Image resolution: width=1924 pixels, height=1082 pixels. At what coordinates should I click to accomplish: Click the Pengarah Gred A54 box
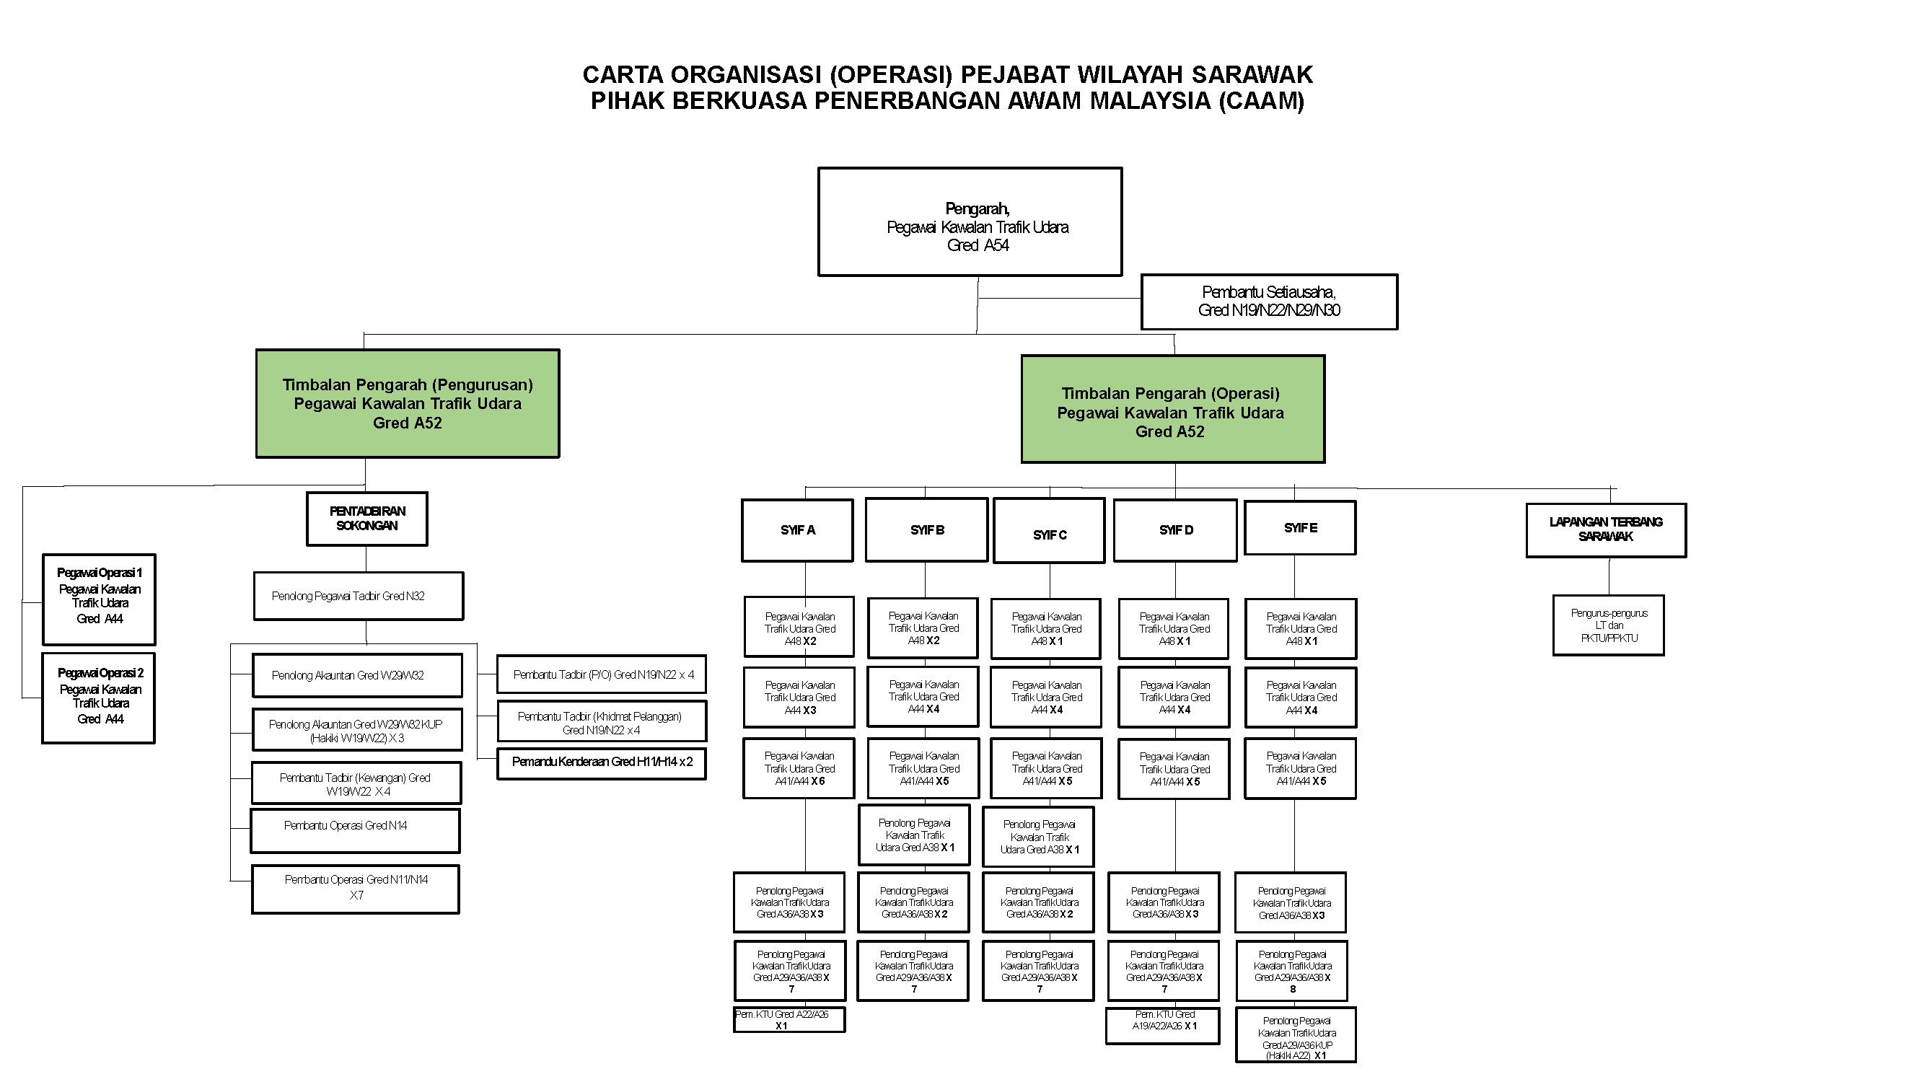pos(970,221)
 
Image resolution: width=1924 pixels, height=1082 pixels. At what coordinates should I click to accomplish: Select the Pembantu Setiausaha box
pos(1269,302)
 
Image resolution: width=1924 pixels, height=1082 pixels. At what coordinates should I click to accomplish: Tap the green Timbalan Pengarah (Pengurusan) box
pos(408,403)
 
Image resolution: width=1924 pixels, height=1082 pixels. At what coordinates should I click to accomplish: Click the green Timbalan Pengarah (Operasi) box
pos(1172,409)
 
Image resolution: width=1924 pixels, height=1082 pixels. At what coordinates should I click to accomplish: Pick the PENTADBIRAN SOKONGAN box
pos(366,519)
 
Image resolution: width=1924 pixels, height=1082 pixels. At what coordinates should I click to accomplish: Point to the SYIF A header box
pos(798,530)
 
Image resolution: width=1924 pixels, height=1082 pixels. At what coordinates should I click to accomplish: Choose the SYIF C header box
pos(1050,531)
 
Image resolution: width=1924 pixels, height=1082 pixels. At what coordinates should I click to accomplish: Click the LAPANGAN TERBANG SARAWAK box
pos(1606,530)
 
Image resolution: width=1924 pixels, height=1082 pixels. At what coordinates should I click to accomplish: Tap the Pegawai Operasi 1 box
pos(100,599)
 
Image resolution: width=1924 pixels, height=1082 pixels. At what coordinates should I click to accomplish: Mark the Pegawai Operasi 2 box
pos(99,698)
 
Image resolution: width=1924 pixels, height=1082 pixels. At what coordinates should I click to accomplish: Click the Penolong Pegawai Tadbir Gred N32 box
pos(359,596)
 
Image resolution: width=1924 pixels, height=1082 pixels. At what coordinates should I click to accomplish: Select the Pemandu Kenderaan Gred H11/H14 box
pos(601,763)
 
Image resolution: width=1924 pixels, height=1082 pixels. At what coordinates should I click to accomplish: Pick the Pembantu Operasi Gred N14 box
pos(355,830)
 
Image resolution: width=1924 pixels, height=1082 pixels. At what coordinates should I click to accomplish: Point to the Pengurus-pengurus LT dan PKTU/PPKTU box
pos(1608,625)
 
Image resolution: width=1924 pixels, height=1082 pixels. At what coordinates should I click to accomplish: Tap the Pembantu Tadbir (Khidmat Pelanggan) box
pos(601,721)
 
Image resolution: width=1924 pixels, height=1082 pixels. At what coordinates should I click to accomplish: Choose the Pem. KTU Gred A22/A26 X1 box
pos(789,1020)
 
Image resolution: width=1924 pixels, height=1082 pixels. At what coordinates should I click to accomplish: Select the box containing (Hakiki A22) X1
pos(1295,1035)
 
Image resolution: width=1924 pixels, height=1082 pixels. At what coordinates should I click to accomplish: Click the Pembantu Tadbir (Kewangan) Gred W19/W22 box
pos(356,783)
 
